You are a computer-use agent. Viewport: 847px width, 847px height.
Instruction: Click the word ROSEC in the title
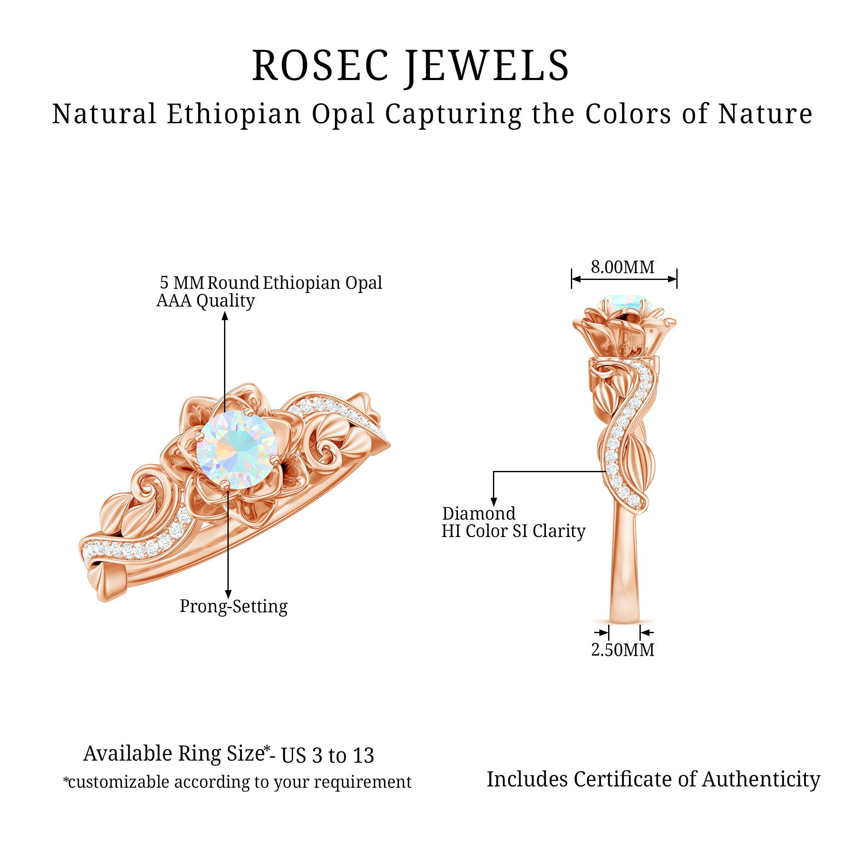321,66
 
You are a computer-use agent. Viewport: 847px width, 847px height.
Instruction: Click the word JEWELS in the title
487,66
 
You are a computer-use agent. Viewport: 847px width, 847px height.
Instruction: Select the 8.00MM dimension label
623,267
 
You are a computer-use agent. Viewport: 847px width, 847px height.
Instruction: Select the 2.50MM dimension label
623,650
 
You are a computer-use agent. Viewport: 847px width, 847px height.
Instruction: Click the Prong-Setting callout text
234,606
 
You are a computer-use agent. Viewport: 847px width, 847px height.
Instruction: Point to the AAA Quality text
206,301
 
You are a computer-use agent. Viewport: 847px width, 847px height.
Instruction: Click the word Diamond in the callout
479,513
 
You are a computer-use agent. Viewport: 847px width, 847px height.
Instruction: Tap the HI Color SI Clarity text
513,531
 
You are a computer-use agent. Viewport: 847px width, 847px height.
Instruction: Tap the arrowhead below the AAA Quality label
225,316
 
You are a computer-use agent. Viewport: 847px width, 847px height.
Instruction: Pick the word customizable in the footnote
119,782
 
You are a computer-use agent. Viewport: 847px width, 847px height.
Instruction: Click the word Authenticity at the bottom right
761,780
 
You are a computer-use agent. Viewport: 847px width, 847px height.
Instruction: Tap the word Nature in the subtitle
765,114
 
